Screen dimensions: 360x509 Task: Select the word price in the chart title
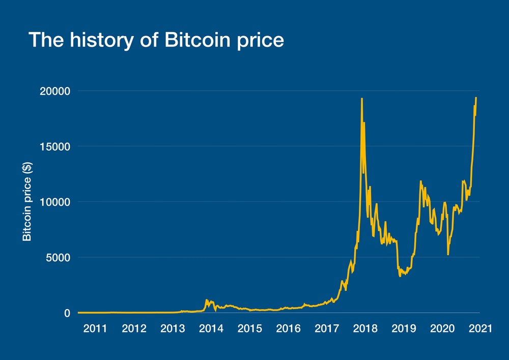[x=257, y=40]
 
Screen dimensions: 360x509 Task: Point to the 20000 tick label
[x=55, y=91]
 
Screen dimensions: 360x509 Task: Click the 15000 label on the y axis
[x=55, y=147]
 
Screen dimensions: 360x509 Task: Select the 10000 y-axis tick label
[x=55, y=202]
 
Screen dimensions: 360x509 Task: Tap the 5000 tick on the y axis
[x=58, y=258]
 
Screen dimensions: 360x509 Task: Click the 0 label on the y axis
[x=66, y=313]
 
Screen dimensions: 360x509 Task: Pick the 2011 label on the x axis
[x=95, y=328]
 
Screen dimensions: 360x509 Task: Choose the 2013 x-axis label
[x=173, y=328]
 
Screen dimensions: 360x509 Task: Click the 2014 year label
[x=211, y=328]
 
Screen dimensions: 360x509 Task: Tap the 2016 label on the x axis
[x=288, y=328]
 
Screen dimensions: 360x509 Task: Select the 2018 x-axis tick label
[x=365, y=328]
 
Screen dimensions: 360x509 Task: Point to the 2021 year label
[x=480, y=328]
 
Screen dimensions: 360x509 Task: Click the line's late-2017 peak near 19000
[x=361, y=99]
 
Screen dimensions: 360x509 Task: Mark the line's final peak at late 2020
[x=476, y=98]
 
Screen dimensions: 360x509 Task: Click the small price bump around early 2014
[x=207, y=300]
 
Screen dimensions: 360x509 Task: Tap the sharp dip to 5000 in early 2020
[x=448, y=254]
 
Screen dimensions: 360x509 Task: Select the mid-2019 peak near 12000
[x=420, y=181]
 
